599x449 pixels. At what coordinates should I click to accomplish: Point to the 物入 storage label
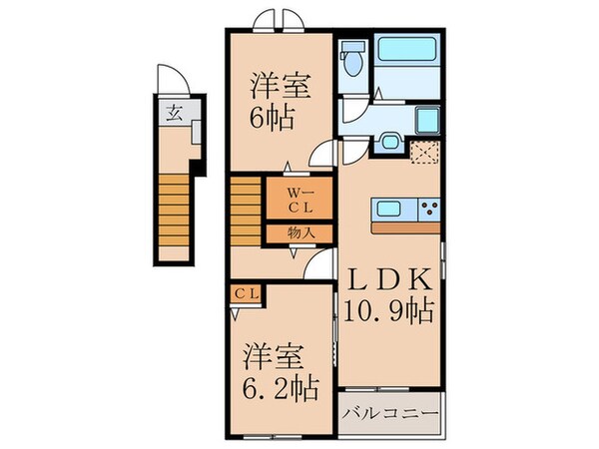[301, 232]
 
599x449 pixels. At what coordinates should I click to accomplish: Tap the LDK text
[391, 278]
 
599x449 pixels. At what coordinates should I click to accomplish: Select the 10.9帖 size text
[391, 312]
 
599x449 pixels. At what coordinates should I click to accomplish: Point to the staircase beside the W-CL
[246, 207]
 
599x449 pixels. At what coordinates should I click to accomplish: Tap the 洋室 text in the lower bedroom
[271, 354]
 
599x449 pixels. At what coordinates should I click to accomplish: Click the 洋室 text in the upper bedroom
[272, 86]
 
